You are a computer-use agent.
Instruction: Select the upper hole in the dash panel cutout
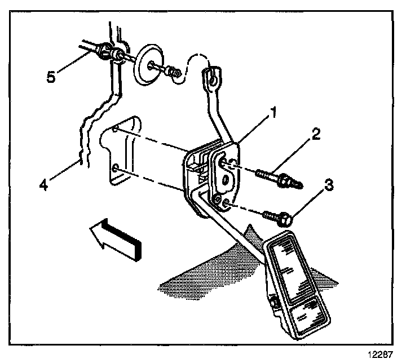pos(115,130)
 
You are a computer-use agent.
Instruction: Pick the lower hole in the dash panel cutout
pos(114,167)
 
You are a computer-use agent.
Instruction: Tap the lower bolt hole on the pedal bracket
pos(224,202)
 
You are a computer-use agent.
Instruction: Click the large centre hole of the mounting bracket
pos(225,180)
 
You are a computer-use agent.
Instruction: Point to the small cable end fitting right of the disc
pos(172,72)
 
